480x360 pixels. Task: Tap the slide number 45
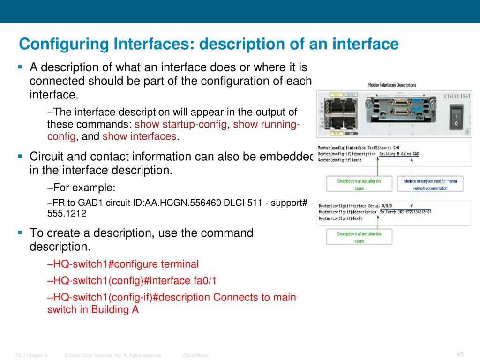click(459, 354)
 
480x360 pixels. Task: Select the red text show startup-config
click(180, 124)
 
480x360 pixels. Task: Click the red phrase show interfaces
click(140, 136)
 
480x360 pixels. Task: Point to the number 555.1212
click(67, 213)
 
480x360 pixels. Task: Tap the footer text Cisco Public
click(195, 356)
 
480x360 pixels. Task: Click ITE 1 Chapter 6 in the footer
click(31, 356)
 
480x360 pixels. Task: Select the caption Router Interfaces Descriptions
click(392, 85)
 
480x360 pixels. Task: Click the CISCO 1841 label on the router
click(457, 97)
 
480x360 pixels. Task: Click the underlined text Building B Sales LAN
click(399, 154)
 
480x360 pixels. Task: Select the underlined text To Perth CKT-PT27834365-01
click(405, 212)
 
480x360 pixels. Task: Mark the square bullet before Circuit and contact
click(20, 156)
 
